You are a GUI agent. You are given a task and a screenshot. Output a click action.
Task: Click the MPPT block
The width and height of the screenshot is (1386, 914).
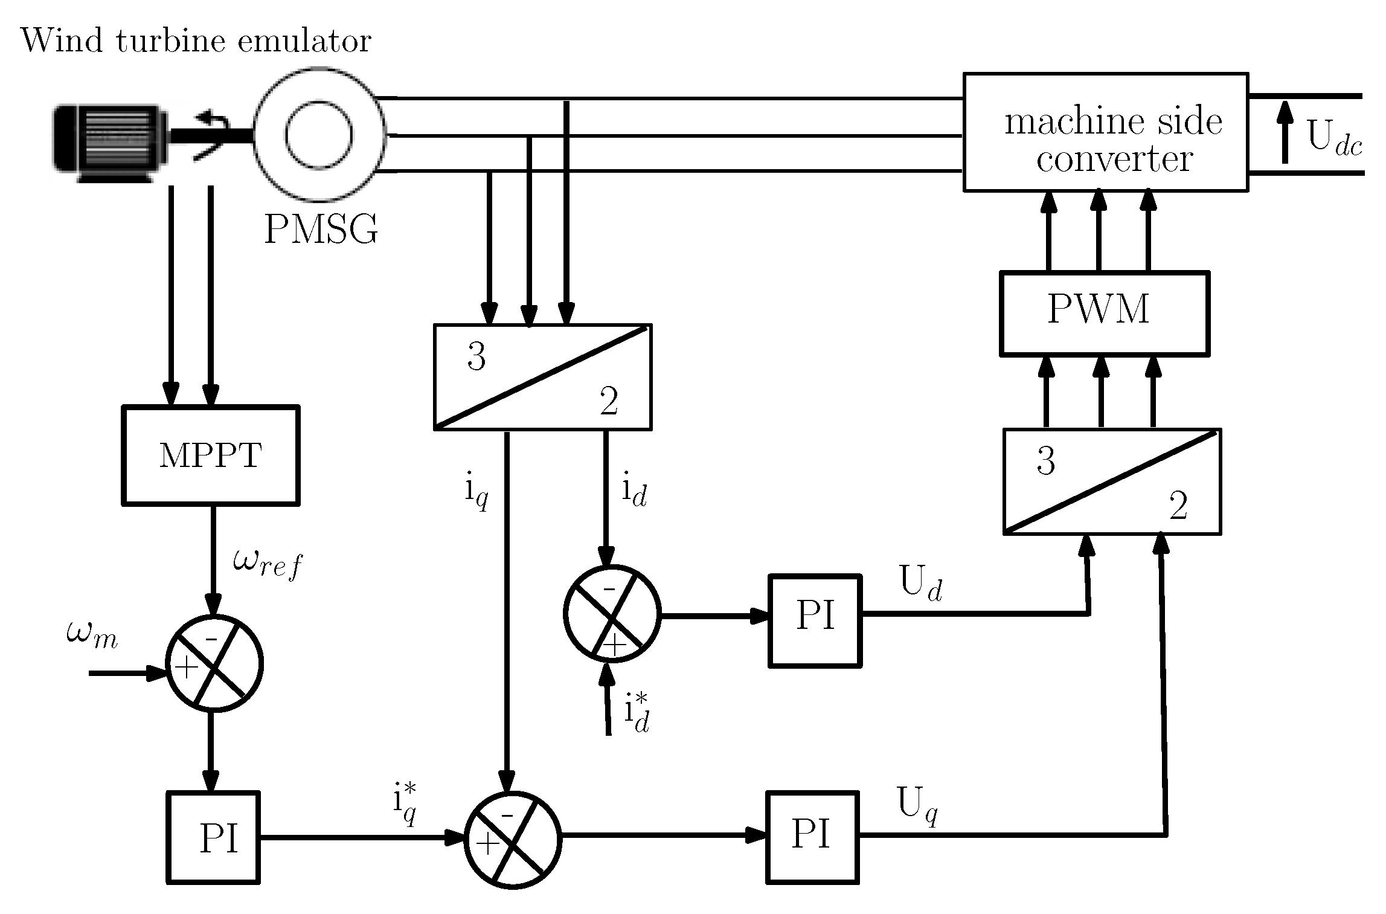point(211,455)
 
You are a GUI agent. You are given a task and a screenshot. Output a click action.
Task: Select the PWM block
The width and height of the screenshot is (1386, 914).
point(1105,312)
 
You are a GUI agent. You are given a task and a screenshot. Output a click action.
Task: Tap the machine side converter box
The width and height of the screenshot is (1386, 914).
point(1105,132)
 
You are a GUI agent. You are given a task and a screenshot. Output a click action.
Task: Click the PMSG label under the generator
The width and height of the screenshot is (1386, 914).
point(321,229)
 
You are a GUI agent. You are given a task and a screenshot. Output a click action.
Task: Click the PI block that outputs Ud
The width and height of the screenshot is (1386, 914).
point(815,620)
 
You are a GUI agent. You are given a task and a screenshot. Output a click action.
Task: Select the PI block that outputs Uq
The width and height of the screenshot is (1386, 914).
point(812,837)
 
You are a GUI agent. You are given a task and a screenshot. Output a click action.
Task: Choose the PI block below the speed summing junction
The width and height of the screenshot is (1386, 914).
point(213,837)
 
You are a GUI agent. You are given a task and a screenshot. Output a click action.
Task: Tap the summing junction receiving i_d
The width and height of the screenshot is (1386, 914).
point(612,614)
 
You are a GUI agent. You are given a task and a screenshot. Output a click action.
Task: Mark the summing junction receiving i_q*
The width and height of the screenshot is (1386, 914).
point(513,840)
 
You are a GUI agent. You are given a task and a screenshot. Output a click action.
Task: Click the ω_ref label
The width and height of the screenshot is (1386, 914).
point(267,563)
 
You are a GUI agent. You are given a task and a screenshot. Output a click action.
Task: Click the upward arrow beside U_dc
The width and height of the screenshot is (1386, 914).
point(1285,132)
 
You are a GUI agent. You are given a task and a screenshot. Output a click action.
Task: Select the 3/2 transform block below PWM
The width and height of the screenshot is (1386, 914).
point(1112,481)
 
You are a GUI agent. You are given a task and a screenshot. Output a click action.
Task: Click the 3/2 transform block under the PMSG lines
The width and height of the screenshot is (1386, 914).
point(542,377)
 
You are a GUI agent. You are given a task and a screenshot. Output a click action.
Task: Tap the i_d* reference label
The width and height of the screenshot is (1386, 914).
point(636,713)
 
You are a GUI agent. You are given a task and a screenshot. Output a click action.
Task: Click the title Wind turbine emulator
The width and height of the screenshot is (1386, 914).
point(196,41)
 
